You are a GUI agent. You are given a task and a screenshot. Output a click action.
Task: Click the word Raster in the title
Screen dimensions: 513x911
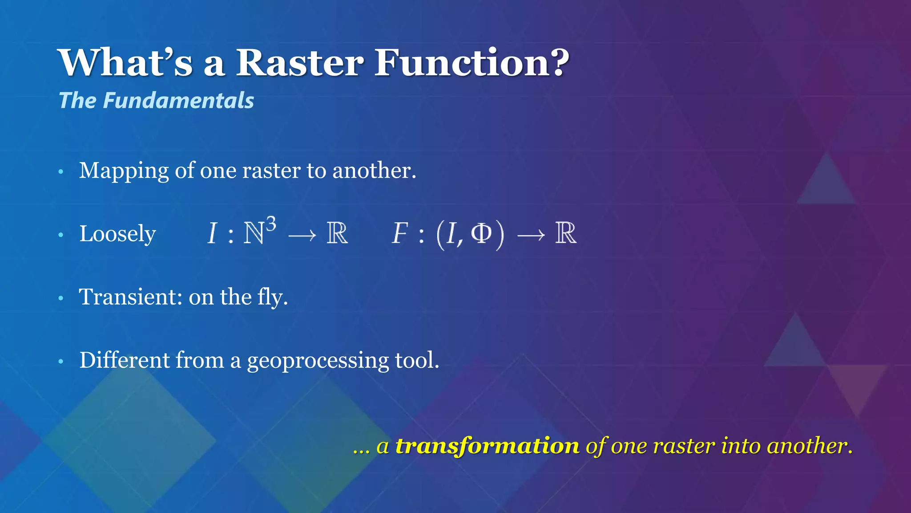click(x=299, y=63)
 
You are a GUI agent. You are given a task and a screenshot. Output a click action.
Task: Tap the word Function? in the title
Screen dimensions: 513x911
click(x=472, y=63)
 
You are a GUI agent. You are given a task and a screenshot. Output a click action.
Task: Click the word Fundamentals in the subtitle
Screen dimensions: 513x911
click(x=178, y=101)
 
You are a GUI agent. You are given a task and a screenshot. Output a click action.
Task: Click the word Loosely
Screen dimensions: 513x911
click(x=117, y=234)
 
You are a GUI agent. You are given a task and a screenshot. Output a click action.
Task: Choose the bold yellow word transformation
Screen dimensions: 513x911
click(x=488, y=446)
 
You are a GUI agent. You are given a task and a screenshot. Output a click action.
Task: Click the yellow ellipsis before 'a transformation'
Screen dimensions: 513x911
click(x=361, y=451)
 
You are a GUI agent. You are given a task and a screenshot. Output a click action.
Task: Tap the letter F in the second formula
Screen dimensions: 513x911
click(x=400, y=233)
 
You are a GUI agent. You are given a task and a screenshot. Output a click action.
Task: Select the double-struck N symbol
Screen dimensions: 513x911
click(x=254, y=234)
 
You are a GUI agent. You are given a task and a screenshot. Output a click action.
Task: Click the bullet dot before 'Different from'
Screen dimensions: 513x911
click(x=61, y=361)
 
